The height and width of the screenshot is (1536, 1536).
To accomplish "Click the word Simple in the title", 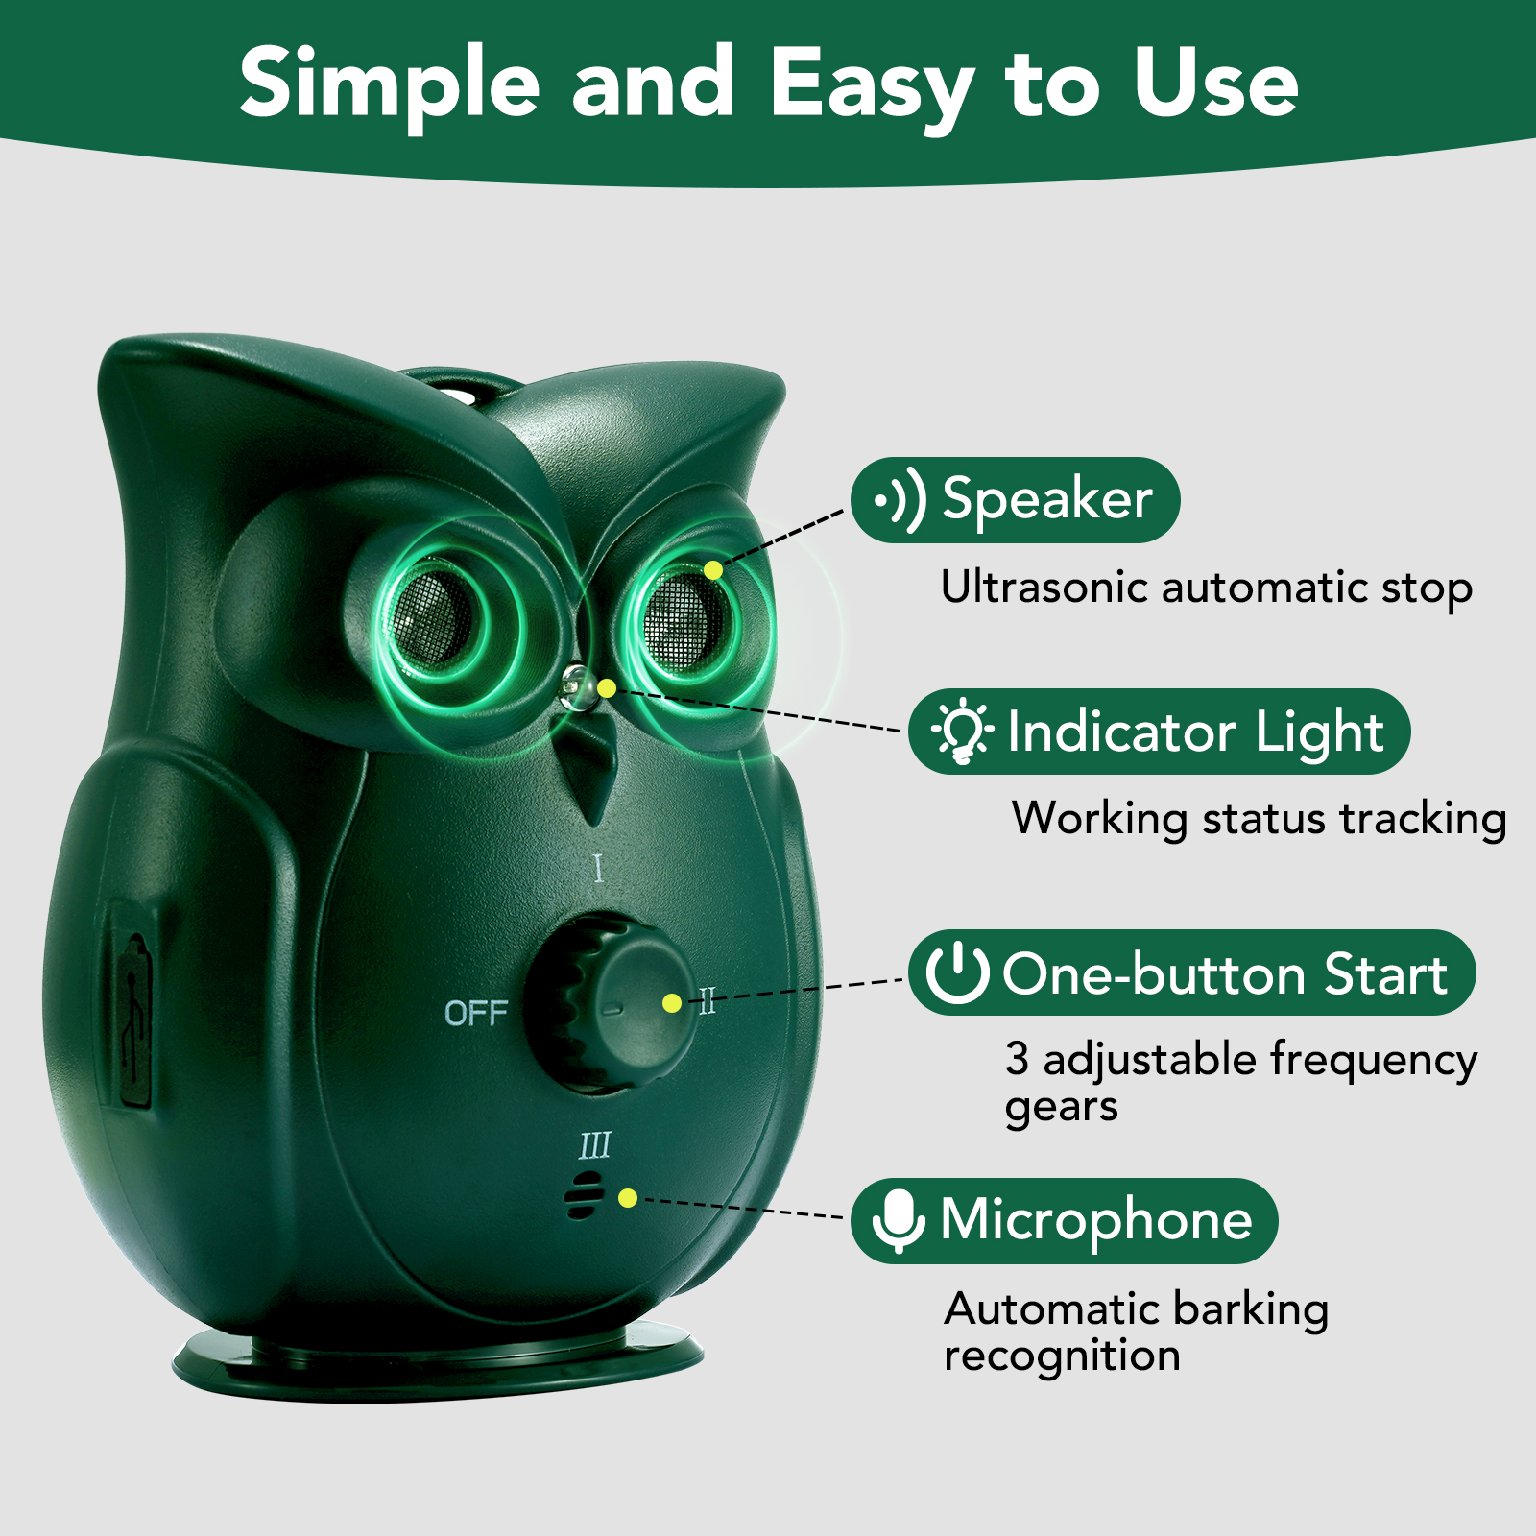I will click(389, 84).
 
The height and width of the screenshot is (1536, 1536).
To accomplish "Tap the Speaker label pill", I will click(1016, 500).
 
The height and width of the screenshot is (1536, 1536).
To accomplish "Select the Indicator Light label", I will click(1160, 732).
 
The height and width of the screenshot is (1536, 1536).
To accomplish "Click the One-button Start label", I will click(1192, 973).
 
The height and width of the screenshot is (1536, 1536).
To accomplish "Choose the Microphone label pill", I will click(1065, 1220).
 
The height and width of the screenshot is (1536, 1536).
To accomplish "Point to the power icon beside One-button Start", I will click(957, 972).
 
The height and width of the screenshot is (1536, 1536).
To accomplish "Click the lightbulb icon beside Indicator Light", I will click(962, 732).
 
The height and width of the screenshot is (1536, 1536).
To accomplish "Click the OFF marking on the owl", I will click(476, 1013).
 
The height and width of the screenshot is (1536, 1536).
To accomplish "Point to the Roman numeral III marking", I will click(595, 1145).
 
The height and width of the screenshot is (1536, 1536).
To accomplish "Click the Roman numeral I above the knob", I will click(598, 869).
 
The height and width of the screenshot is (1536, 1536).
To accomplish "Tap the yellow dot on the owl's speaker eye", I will click(712, 570).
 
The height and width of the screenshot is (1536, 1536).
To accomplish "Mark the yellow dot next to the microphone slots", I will click(628, 1197).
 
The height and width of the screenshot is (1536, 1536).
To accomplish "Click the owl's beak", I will click(588, 768).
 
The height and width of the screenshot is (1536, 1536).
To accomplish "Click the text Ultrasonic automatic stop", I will click(1206, 588).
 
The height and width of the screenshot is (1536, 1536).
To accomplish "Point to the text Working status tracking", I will click(1259, 819).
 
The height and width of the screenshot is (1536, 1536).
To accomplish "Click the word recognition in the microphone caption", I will click(1062, 1356).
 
